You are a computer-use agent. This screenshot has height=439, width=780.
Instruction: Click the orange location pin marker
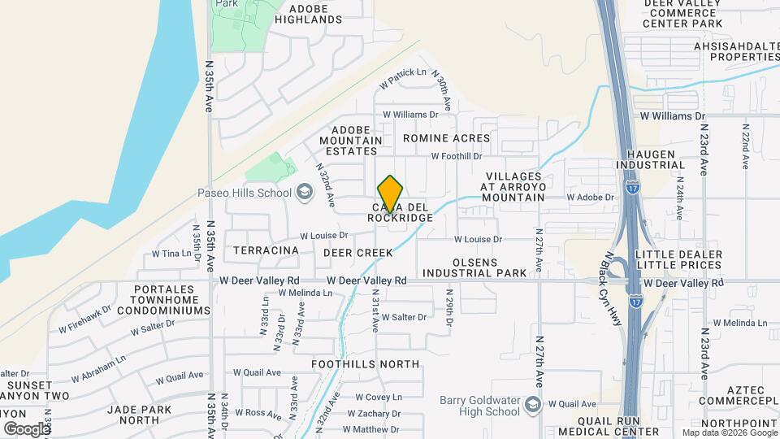[x=391, y=193]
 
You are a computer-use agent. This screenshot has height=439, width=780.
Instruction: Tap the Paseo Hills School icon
[x=305, y=193]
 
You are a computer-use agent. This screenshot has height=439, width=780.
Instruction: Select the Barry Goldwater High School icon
[x=532, y=405]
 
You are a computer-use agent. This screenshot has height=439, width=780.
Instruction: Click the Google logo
[x=26, y=429]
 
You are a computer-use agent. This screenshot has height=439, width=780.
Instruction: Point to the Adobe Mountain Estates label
[x=356, y=140]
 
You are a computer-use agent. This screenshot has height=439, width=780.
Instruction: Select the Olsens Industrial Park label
[x=472, y=273]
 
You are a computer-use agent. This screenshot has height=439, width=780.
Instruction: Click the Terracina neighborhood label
[x=266, y=251]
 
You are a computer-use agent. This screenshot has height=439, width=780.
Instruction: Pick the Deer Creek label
[x=358, y=253]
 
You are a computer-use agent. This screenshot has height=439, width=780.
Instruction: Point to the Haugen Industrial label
[x=650, y=159]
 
